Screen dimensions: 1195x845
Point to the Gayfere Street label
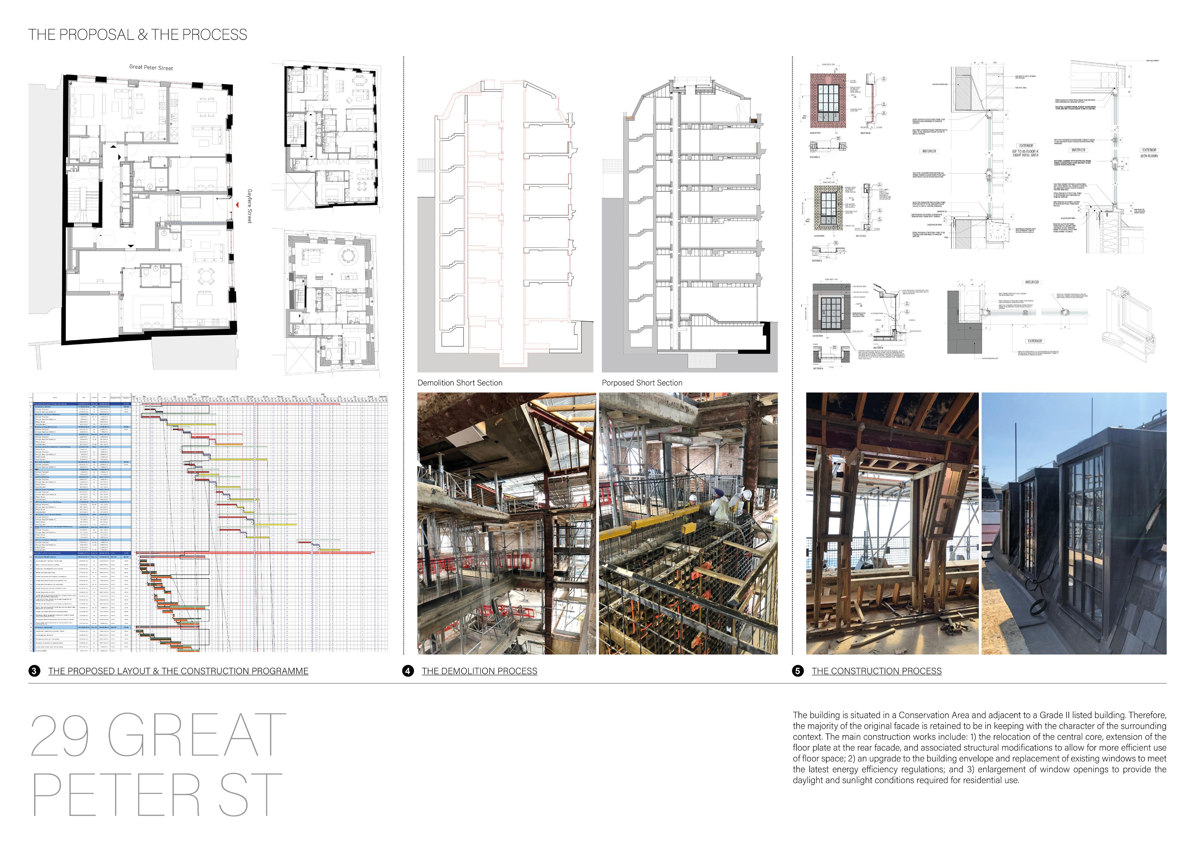click(249, 206)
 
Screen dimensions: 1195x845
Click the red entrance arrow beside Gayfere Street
click(237, 205)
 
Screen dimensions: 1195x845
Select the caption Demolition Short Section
click(460, 383)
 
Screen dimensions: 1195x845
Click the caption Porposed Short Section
click(642, 383)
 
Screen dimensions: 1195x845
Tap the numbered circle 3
click(34, 671)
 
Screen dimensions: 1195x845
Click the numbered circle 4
click(407, 671)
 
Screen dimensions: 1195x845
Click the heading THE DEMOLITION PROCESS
click(479, 671)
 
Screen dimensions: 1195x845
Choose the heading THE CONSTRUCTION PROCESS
click(877, 671)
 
